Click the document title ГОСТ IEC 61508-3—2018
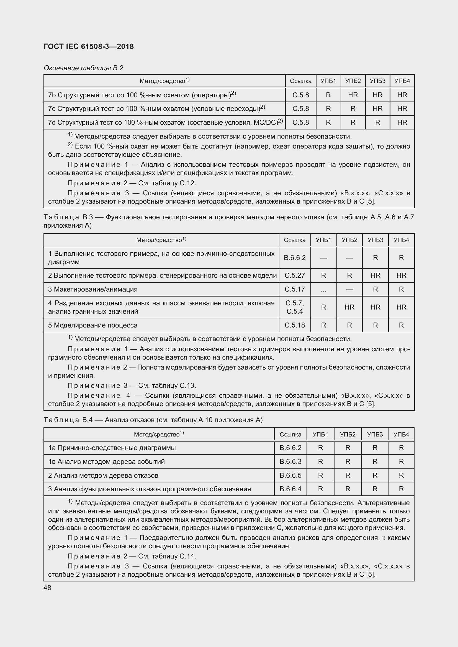89,46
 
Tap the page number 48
47,588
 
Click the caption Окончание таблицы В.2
83,68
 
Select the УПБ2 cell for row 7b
353,95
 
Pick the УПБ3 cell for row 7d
377,123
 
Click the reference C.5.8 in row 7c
301,109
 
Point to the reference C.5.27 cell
295,275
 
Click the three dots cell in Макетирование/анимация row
323,289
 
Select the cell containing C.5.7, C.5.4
295,307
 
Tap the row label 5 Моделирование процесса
93,325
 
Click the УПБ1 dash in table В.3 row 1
323,258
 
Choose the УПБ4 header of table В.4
401,434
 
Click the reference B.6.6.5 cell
290,475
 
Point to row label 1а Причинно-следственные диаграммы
112,448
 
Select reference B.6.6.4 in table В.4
290,489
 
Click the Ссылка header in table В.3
295,240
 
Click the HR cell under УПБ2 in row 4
349,307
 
